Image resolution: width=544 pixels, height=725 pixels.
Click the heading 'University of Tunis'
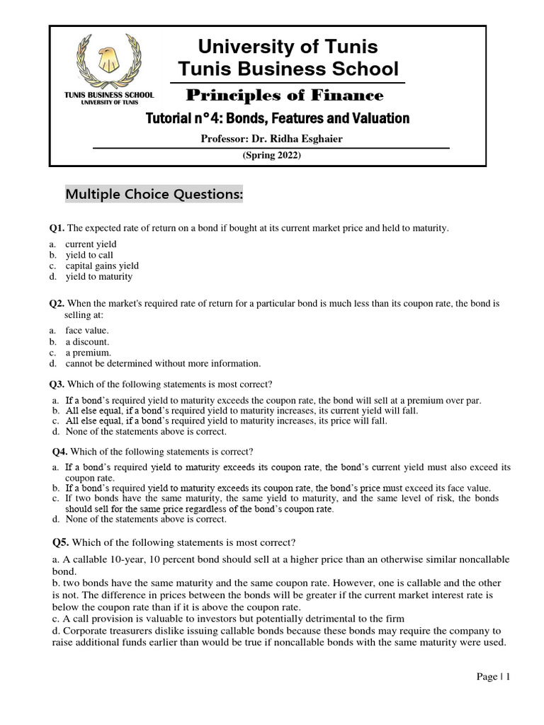pos(288,47)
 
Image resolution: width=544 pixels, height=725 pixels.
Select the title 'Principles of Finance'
pos(284,96)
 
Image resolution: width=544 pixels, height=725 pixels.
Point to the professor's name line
pos(272,139)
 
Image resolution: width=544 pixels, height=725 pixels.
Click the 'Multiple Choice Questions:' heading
pos(154,193)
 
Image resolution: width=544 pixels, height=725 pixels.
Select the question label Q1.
pos(57,228)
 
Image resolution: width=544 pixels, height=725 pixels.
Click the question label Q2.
pos(57,303)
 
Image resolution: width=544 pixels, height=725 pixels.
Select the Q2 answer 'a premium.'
pos(88,352)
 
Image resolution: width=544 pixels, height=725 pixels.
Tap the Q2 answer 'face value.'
pos(87,330)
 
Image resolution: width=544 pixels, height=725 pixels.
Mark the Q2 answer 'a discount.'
pos(88,341)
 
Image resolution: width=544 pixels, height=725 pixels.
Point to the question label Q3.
pos(57,384)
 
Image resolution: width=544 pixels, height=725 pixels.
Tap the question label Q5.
pos(61,543)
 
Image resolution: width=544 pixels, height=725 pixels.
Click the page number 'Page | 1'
pos(493,677)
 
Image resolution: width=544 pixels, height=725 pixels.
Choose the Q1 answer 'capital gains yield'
pos(102,266)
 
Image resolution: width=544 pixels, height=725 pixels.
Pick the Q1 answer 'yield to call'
pos(89,255)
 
